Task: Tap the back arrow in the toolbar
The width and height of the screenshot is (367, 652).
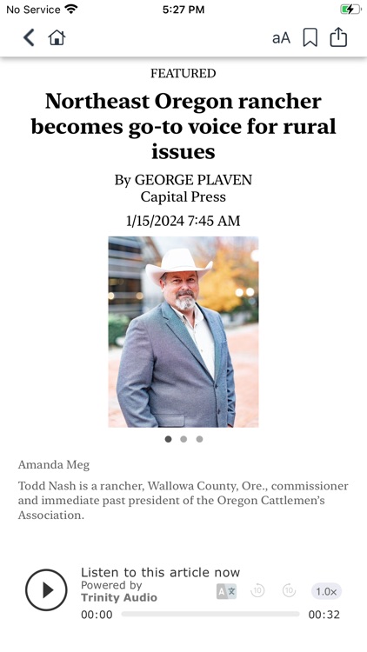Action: pyautogui.click(x=29, y=37)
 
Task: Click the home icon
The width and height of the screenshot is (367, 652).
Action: pyautogui.click(x=57, y=37)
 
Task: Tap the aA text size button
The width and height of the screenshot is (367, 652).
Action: pyautogui.click(x=281, y=37)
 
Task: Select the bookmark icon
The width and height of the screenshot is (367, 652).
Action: pyautogui.click(x=310, y=37)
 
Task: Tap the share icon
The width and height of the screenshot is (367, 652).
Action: pyautogui.click(x=338, y=37)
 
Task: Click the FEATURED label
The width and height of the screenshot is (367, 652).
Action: pyautogui.click(x=183, y=74)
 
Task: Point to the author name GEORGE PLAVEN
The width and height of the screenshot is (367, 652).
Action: pyautogui.click(x=192, y=180)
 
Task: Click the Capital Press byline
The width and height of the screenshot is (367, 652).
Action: pyautogui.click(x=183, y=197)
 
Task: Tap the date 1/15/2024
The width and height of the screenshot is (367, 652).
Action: pyautogui.click(x=155, y=221)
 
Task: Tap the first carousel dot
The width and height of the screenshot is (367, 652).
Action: pyautogui.click(x=168, y=439)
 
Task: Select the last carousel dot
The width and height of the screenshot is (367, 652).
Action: pyautogui.click(x=199, y=439)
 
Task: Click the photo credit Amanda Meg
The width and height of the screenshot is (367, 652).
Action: pyautogui.click(x=53, y=465)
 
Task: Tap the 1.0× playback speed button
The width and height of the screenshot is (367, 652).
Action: pyautogui.click(x=326, y=591)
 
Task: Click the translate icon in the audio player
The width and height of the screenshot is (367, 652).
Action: pyautogui.click(x=226, y=591)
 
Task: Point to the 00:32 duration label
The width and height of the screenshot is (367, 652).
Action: pyautogui.click(x=324, y=615)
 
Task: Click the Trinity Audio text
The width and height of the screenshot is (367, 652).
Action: pyautogui.click(x=119, y=597)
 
